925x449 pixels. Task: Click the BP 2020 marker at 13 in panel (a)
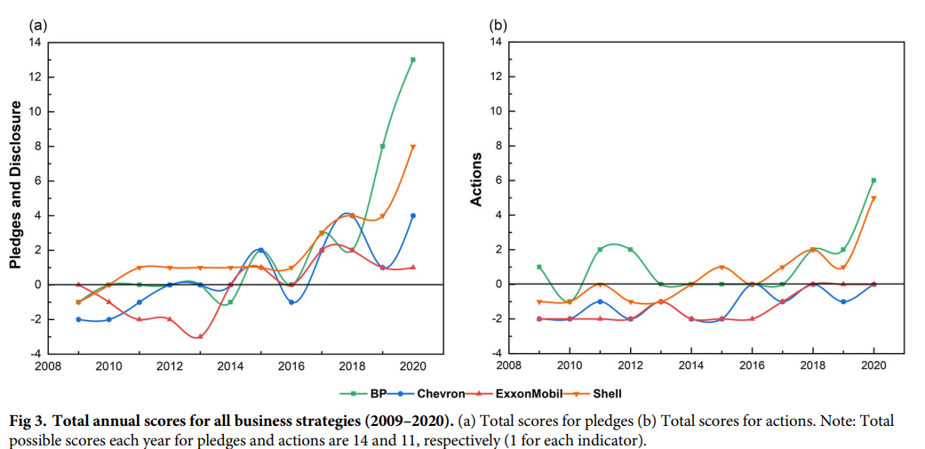413,60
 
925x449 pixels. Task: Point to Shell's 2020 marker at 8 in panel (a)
413,147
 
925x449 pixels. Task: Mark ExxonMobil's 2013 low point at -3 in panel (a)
201,337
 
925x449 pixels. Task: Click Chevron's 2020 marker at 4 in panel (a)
413,216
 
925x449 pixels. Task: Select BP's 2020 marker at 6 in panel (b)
875,180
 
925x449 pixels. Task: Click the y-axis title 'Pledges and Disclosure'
16,185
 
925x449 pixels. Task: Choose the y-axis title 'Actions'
476,180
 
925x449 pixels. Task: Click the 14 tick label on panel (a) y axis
36,42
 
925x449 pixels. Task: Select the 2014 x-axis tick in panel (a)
230,365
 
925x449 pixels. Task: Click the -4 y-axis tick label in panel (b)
498,354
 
